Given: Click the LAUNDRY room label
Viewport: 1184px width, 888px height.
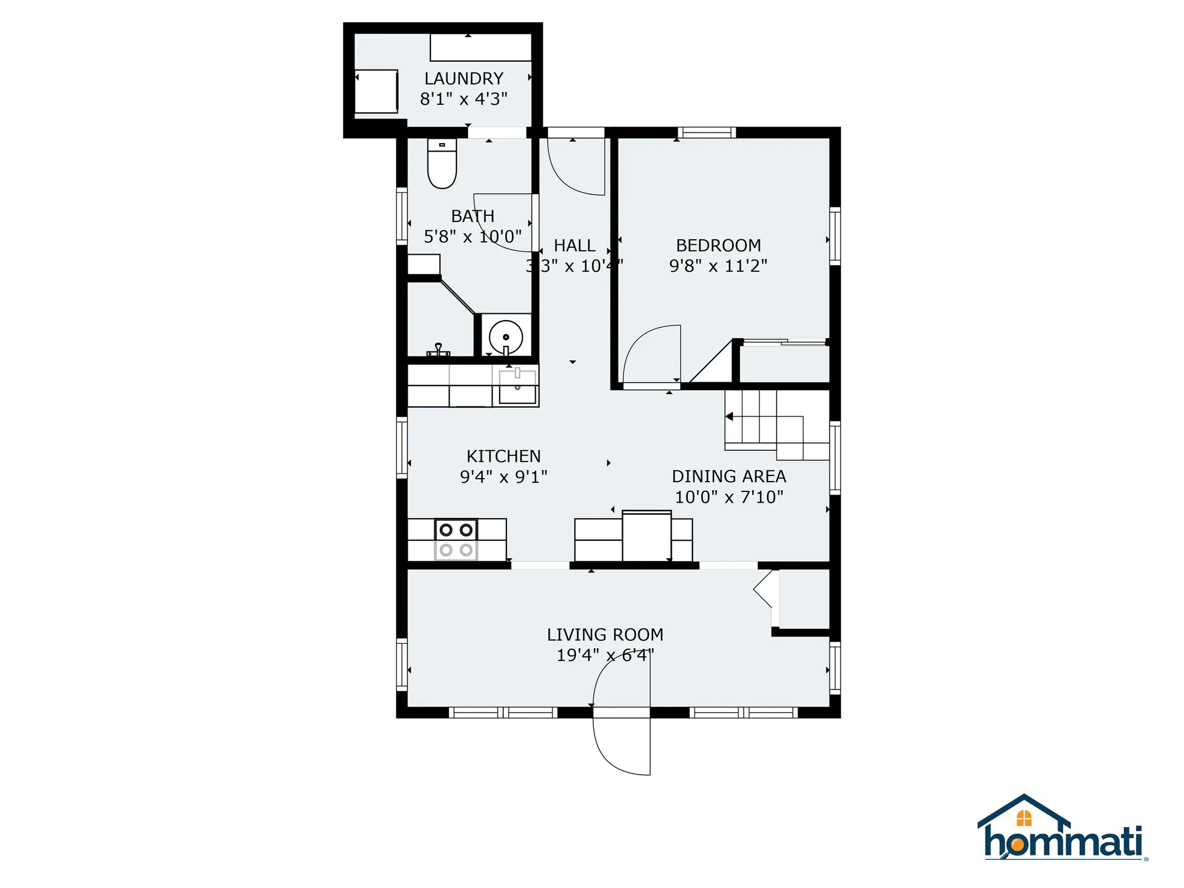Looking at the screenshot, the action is tap(464, 79).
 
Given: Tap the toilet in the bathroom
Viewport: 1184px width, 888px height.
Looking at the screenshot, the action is tap(442, 163).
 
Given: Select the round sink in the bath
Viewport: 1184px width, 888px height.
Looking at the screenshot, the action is tap(506, 337).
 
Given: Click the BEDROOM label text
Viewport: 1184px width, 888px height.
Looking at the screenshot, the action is tap(718, 245).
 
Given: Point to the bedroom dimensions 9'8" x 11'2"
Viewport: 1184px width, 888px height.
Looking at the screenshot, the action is tap(718, 266).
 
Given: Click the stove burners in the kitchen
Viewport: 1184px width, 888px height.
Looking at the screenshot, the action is tap(456, 539).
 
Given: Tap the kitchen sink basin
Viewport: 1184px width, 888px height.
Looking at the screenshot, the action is tap(517, 387).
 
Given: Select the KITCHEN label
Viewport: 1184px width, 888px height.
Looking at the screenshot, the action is tap(504, 456).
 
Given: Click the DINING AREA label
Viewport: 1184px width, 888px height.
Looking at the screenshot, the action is tap(729, 477).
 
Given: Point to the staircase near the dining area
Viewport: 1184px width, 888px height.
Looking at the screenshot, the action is tap(777, 425).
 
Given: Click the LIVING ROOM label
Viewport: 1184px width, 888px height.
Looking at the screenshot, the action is tap(605, 635).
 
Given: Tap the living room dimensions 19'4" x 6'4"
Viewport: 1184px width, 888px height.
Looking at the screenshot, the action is tap(605, 655).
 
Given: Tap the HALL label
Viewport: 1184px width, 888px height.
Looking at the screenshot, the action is tap(574, 245).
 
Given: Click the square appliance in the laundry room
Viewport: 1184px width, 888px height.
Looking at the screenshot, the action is tap(376, 91).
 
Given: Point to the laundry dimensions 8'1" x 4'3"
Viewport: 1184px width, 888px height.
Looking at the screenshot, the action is tap(464, 99).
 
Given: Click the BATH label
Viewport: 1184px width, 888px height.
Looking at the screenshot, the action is tap(472, 216).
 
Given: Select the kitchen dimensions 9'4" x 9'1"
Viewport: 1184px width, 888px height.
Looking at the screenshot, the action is tap(504, 477).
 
